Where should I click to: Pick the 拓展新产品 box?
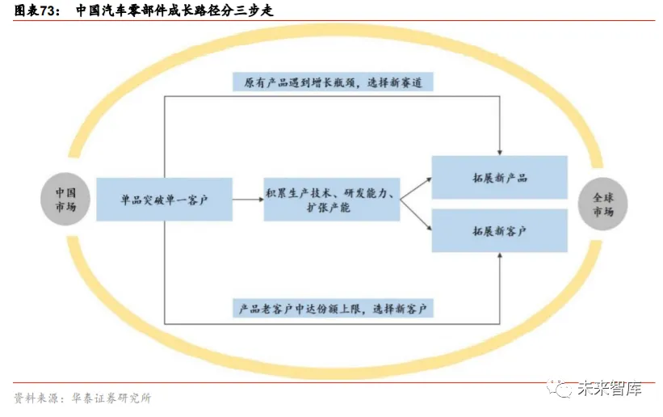point(500,177)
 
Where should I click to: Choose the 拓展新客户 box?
point(500,230)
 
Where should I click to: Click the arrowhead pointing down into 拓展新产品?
point(501,151)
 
